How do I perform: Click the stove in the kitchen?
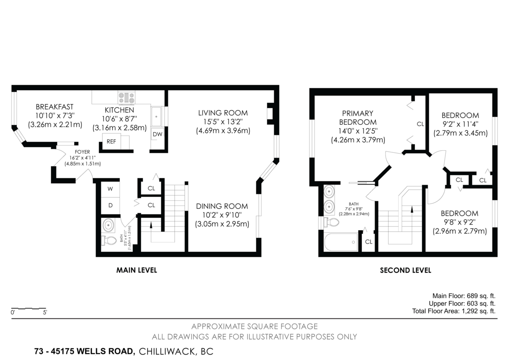[x=126, y=98]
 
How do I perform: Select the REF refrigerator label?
[x=111, y=141]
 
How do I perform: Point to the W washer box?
[x=110, y=188]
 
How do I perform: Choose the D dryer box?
[x=110, y=205]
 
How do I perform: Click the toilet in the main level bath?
[x=109, y=241]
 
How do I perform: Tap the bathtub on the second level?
[x=341, y=243]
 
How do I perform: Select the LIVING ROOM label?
[x=223, y=113]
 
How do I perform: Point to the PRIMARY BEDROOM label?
[x=358, y=118]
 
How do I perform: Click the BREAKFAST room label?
[x=54, y=107]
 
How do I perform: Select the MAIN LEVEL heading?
[x=137, y=270]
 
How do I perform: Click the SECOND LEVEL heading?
[x=405, y=270]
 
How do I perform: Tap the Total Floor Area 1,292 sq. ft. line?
[x=453, y=311]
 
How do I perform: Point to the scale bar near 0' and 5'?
[x=29, y=308]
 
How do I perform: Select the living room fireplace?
[x=270, y=113]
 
